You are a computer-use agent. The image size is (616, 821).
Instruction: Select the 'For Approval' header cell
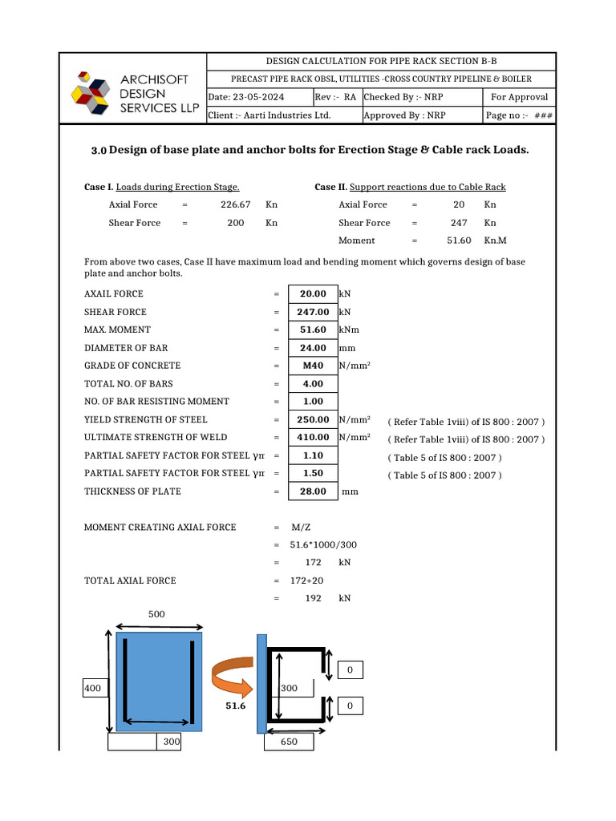[x=519, y=97]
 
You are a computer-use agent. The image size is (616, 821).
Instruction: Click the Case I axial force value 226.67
[x=236, y=205]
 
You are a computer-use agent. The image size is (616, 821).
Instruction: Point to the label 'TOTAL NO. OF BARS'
[x=128, y=384]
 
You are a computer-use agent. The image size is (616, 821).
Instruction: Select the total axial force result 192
[x=313, y=599]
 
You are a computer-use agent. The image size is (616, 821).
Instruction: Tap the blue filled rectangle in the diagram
[x=159, y=681]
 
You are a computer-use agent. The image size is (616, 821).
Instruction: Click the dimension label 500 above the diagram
[x=157, y=614]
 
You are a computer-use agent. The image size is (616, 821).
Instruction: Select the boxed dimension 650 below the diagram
[x=289, y=742]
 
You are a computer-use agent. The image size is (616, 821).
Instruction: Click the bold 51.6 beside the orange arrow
[x=234, y=706]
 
